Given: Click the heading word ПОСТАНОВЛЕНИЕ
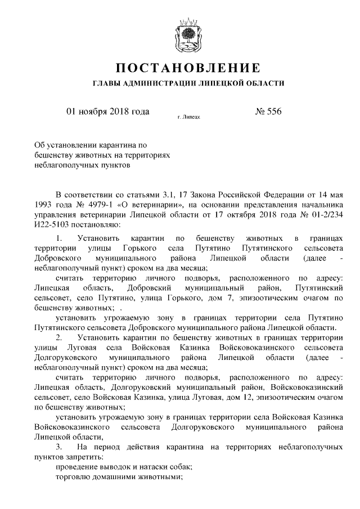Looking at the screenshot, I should (x=188, y=69).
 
